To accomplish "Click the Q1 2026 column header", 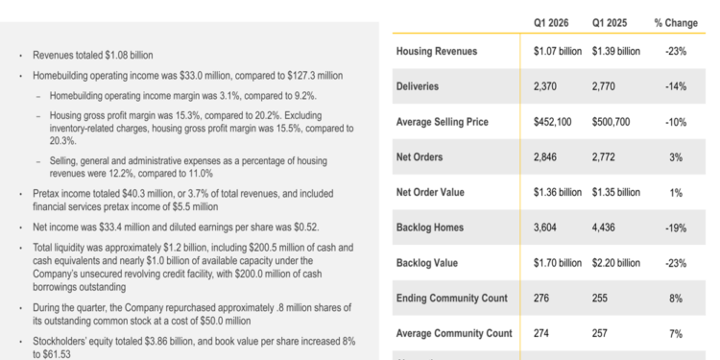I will point(557,21).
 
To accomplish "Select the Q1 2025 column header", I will point(615,21).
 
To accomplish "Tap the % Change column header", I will point(676,21).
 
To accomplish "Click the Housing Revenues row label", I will point(437,51).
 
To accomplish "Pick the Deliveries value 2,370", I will point(548,86).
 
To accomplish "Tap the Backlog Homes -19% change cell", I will point(676,228).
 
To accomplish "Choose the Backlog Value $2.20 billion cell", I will point(615,262).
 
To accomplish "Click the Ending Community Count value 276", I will point(542,299).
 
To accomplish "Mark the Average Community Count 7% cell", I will point(676,333).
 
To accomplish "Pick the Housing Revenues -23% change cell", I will point(676,51).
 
